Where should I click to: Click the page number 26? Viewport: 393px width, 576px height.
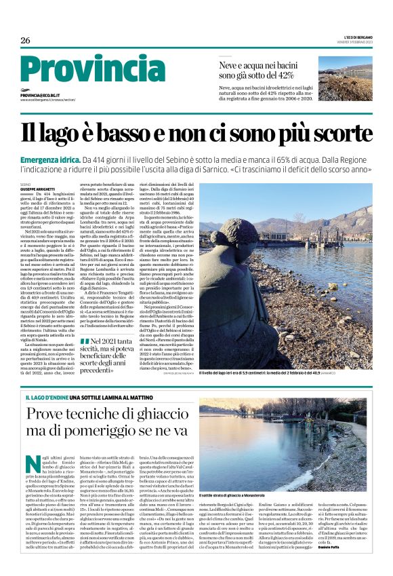pyautogui.click(x=25, y=39)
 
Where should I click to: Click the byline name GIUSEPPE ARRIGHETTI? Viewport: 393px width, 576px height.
pyautogui.click(x=38, y=188)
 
